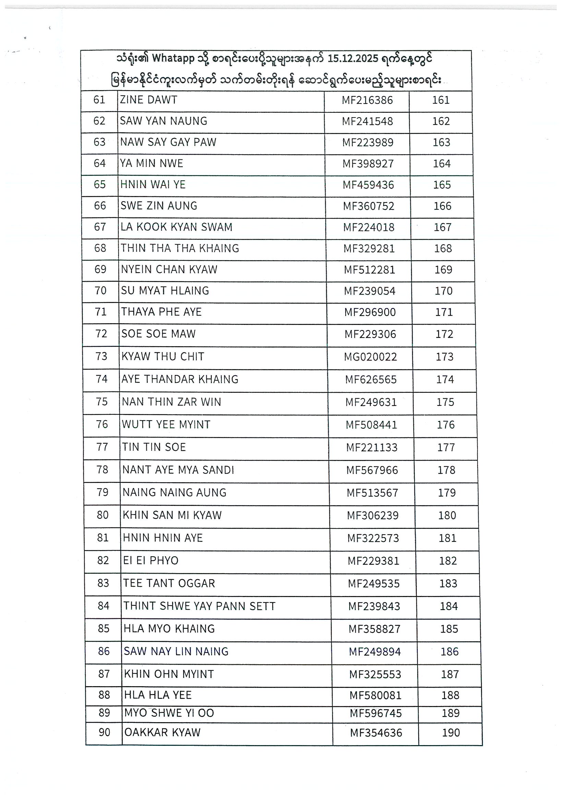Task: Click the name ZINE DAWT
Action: point(148,100)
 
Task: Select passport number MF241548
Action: point(367,122)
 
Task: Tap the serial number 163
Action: point(441,143)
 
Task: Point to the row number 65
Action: point(99,184)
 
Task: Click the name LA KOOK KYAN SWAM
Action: point(177,227)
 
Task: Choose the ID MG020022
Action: point(370,357)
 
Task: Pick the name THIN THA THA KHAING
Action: point(180,248)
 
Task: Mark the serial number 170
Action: point(443,291)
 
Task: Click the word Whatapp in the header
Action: point(173,58)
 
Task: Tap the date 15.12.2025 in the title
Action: point(353,58)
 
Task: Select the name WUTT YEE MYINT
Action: point(166,425)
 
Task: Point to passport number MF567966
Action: point(372,470)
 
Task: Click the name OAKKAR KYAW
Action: point(162,732)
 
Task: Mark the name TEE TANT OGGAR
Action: point(169,583)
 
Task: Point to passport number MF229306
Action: point(370,334)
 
